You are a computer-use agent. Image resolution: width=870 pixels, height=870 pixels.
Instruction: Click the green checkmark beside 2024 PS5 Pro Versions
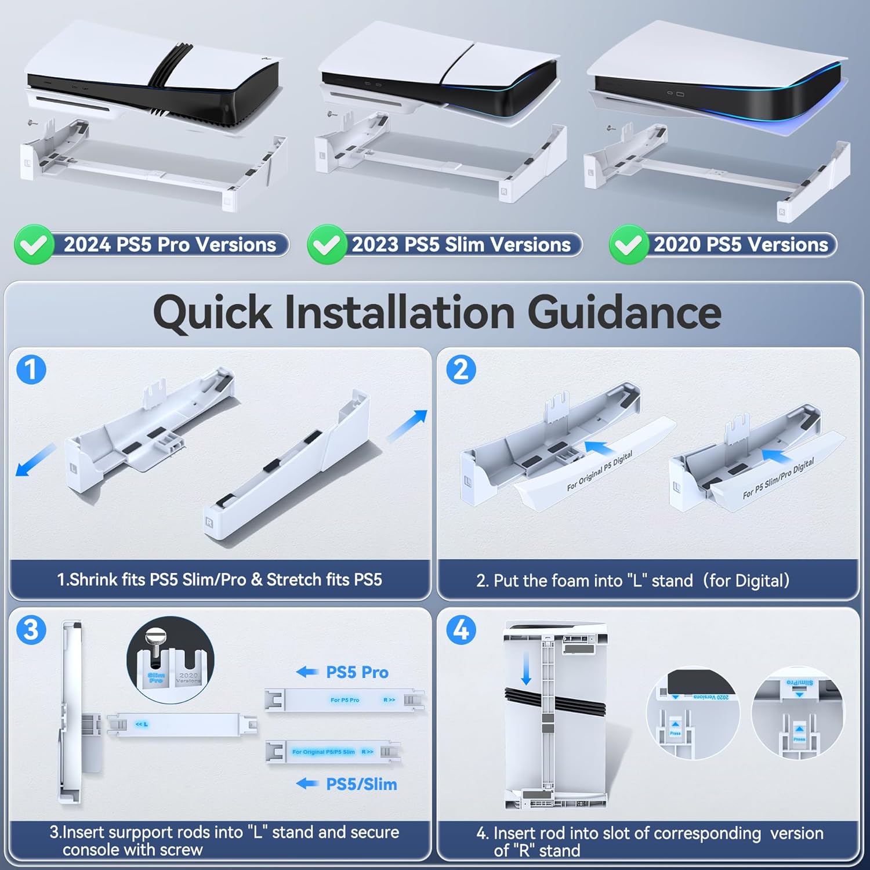click(x=34, y=245)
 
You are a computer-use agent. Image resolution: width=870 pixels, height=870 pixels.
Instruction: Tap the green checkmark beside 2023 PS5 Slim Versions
click(x=327, y=245)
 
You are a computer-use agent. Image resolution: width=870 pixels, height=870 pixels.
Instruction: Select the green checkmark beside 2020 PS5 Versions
click(x=628, y=245)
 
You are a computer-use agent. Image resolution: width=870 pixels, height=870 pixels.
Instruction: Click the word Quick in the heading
click(x=212, y=313)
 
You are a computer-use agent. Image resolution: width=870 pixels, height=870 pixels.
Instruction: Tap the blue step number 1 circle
click(x=31, y=369)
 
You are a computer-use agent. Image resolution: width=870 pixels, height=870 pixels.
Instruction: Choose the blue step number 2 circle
click(x=461, y=369)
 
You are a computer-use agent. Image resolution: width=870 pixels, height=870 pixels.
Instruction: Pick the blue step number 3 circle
click(x=31, y=630)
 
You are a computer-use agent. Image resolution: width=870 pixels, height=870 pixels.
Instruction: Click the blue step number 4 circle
click(x=461, y=630)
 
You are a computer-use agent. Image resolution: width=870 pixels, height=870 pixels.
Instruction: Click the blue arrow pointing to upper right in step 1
click(x=407, y=425)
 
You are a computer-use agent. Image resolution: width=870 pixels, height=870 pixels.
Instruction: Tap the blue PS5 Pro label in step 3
click(x=357, y=672)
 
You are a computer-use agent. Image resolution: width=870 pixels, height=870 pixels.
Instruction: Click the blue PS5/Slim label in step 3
click(x=361, y=784)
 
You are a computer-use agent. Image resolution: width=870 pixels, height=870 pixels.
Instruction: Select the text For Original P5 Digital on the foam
click(x=599, y=471)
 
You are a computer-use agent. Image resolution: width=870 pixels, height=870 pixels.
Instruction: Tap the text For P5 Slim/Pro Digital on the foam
click(x=778, y=478)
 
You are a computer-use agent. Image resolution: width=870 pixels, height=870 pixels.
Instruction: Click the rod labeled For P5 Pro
click(x=345, y=700)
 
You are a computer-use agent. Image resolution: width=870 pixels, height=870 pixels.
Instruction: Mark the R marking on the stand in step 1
click(x=209, y=523)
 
